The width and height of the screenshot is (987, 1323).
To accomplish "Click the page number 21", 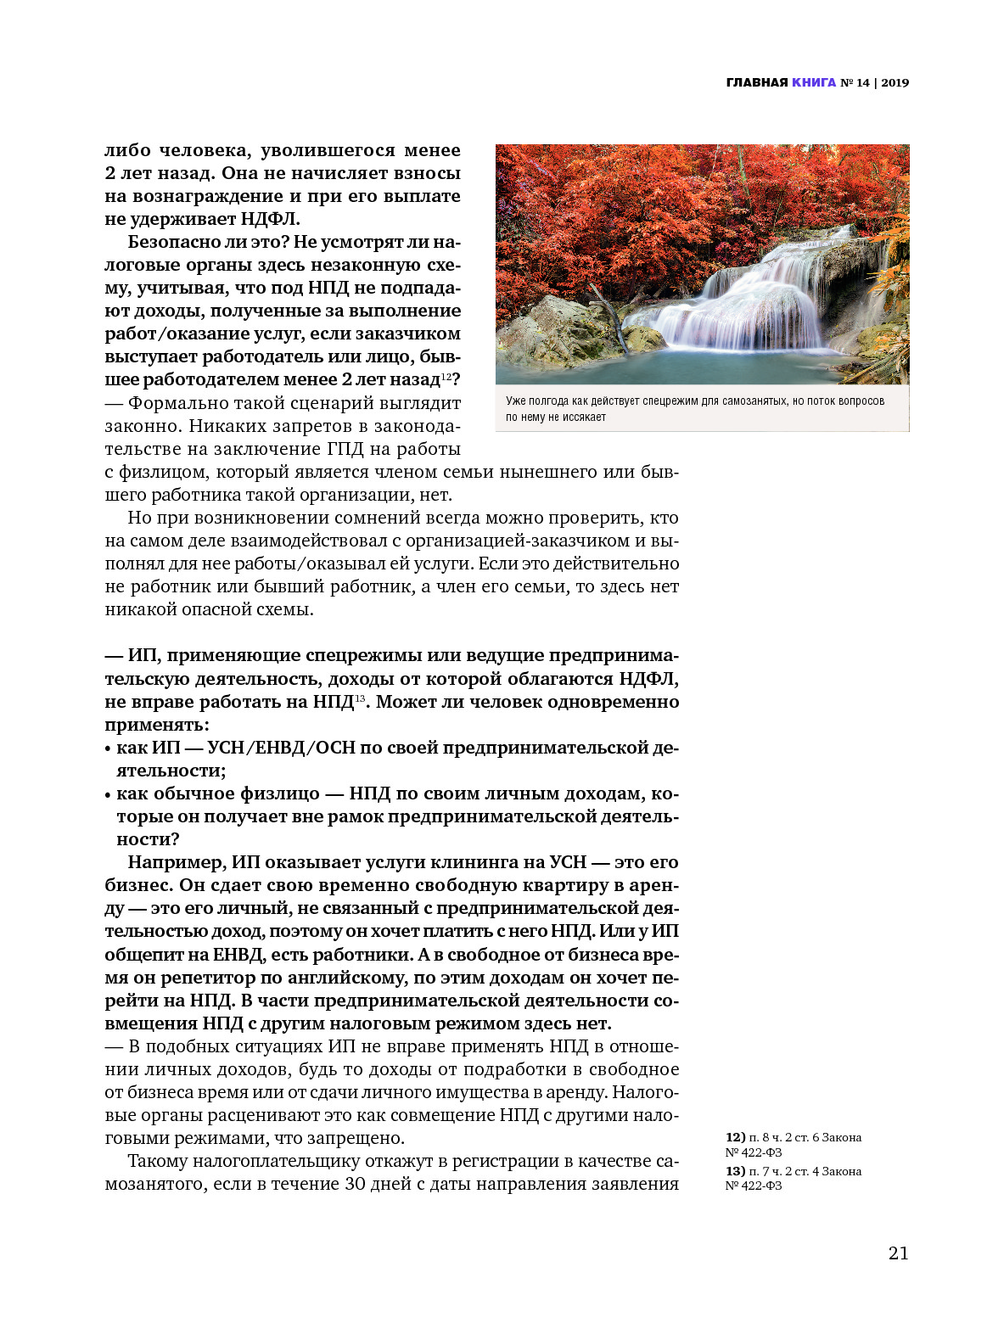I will [x=898, y=1253].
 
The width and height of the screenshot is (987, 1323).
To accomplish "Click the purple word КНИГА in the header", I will [x=814, y=82].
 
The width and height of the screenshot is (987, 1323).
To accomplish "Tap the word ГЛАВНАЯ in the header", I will [x=757, y=82].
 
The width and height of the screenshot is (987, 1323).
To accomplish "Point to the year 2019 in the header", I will [x=894, y=82].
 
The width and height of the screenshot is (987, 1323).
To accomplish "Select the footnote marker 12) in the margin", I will [x=735, y=1137].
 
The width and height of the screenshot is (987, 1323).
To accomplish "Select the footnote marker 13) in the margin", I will [x=735, y=1171].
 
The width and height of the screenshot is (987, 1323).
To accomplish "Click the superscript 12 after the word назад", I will [x=446, y=376].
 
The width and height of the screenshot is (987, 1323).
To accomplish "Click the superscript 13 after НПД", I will [x=360, y=698].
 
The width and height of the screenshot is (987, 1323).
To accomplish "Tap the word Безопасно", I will [x=174, y=242].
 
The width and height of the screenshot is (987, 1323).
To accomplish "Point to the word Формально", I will [x=180, y=403].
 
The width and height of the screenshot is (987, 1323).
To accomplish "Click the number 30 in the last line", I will [x=356, y=1184].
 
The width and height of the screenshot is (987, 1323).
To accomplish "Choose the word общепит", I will [x=148, y=954].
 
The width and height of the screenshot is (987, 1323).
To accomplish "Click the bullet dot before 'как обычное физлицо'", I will [x=108, y=795].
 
